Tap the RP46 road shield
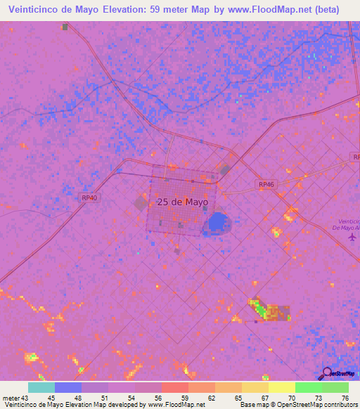(266, 184)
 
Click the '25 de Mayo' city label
(182, 202)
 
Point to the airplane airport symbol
(352, 237)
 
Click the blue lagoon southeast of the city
(217, 224)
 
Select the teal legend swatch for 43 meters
(41, 387)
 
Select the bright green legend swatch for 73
(308, 387)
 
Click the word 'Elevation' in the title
(116, 10)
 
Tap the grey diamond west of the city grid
(141, 203)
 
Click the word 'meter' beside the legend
(12, 398)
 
